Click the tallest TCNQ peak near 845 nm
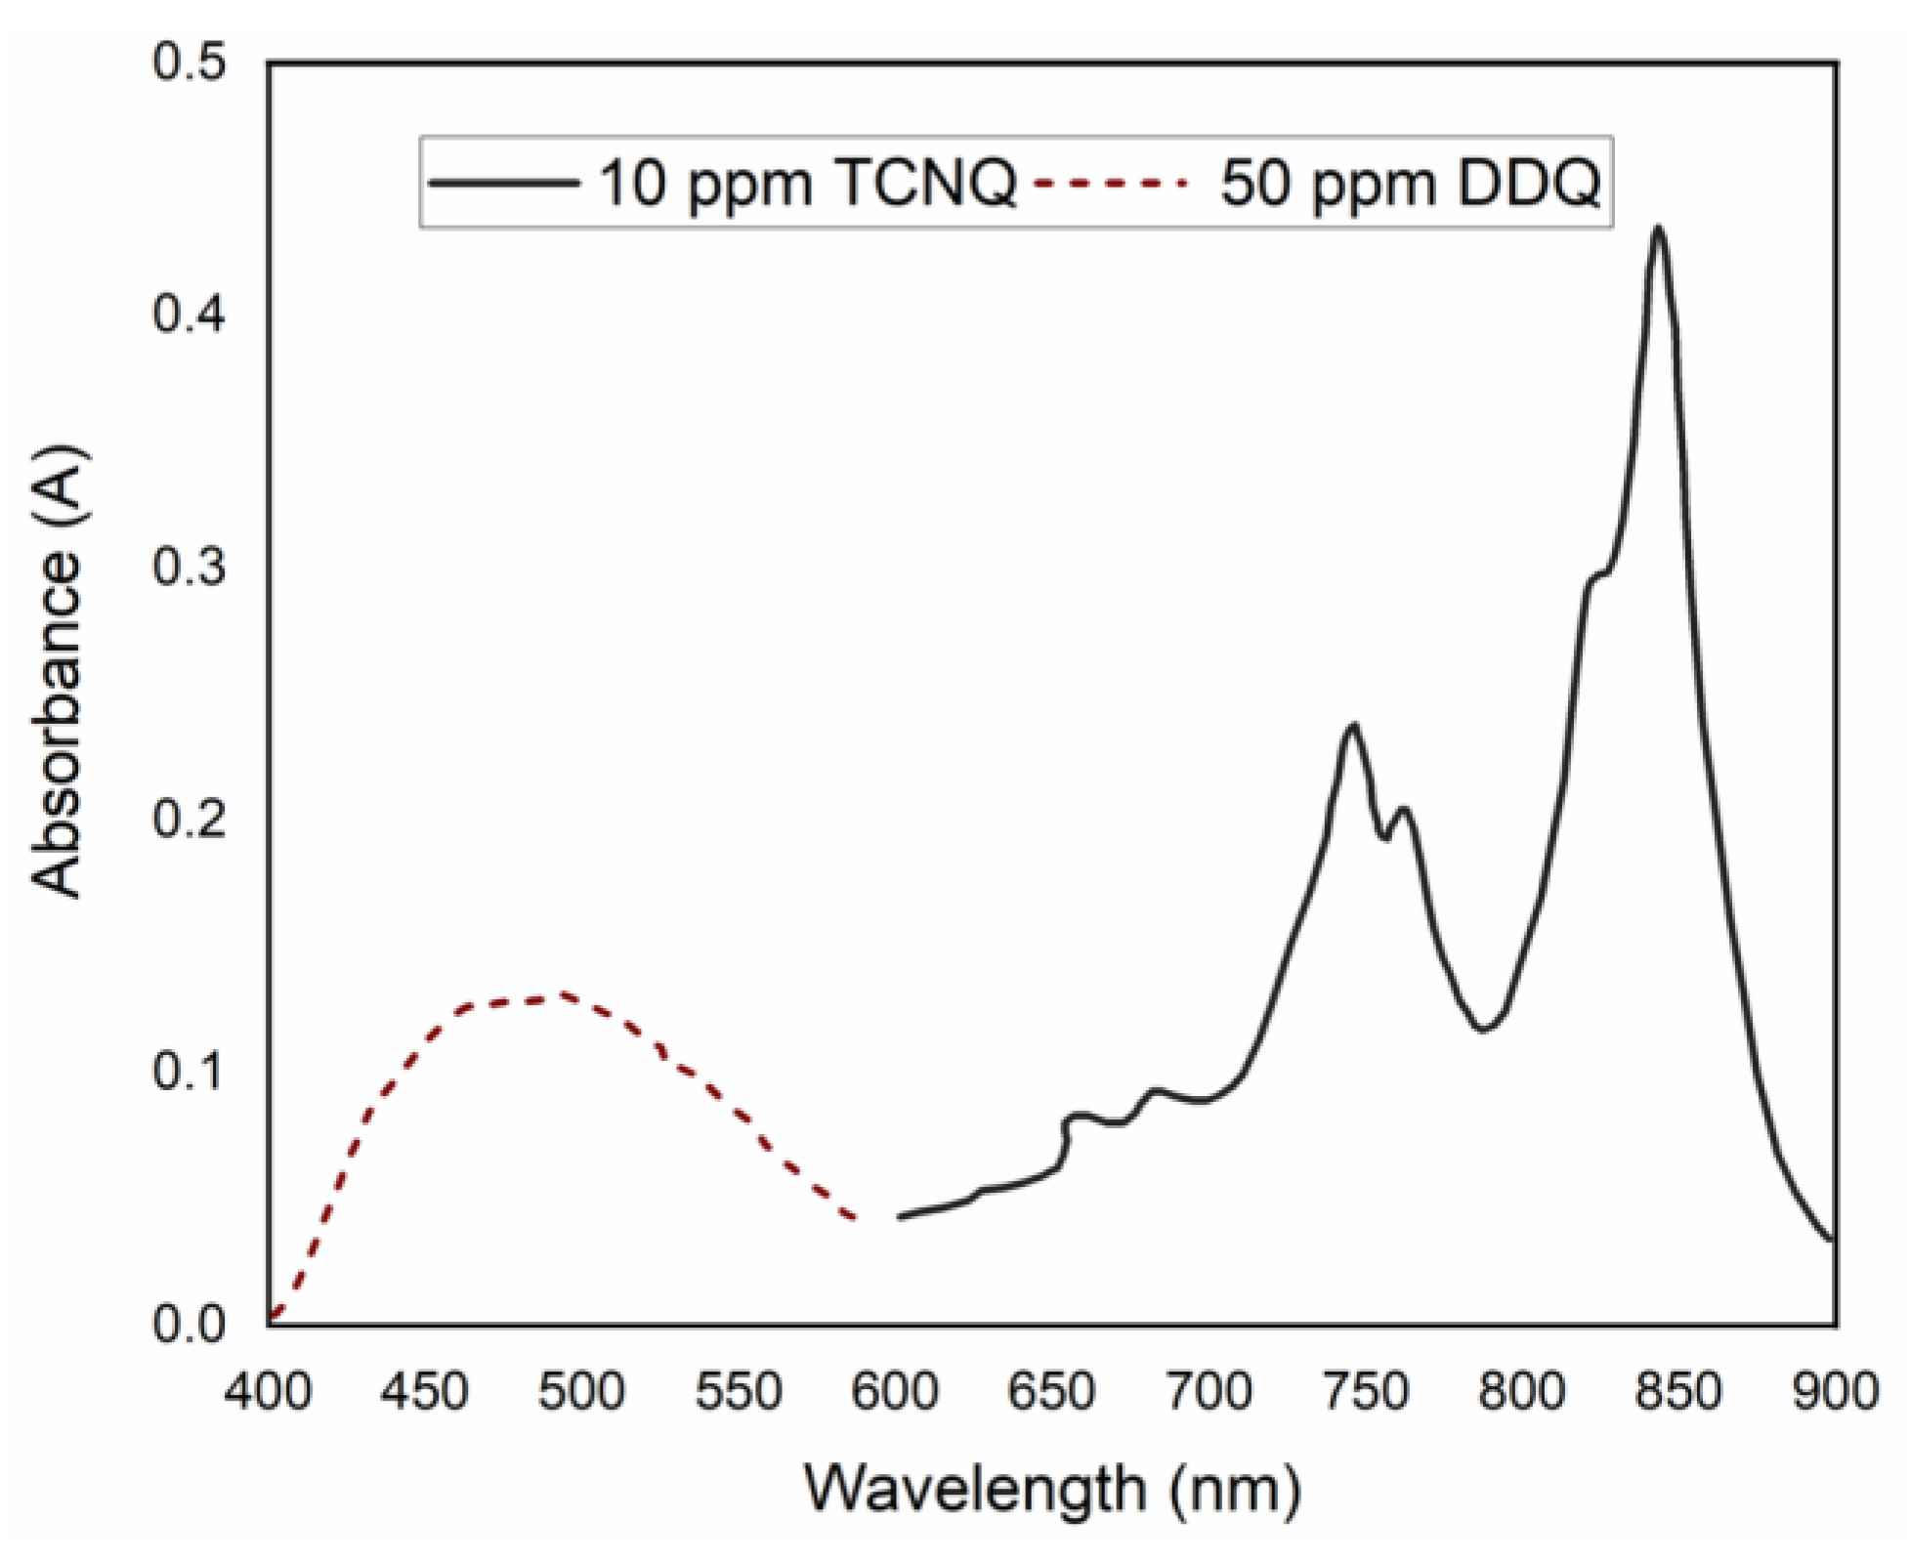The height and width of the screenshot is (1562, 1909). tap(1657, 231)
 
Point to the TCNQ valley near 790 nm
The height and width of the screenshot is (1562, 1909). tap(1483, 1029)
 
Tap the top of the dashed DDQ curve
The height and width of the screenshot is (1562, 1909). tap(562, 995)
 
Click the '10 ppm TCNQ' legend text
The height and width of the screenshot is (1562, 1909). tap(807, 183)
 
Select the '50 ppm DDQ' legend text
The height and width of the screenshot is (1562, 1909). tap(1410, 183)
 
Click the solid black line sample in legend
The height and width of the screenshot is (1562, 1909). tap(503, 183)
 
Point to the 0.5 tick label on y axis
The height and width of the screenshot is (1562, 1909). tap(190, 64)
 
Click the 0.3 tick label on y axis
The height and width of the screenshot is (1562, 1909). tap(190, 569)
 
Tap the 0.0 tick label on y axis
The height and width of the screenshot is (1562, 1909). tap(190, 1326)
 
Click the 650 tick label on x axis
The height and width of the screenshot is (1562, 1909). tap(1053, 1391)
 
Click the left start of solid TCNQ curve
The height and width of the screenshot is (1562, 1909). tap(900, 1216)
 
